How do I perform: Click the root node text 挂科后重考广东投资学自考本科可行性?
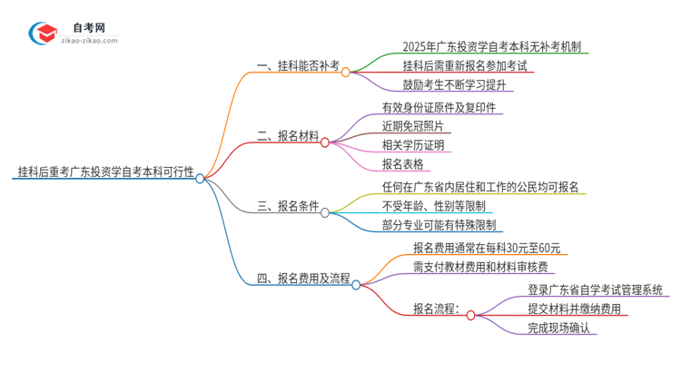coord(104,171)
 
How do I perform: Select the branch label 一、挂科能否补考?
coord(298,65)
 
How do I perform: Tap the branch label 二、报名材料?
coord(288,136)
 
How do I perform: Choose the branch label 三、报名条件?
coord(288,206)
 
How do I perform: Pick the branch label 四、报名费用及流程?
coord(303,278)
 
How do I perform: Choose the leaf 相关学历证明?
coord(414,145)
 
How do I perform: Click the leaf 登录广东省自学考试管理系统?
coord(594,289)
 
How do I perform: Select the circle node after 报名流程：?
coord(471,315)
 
